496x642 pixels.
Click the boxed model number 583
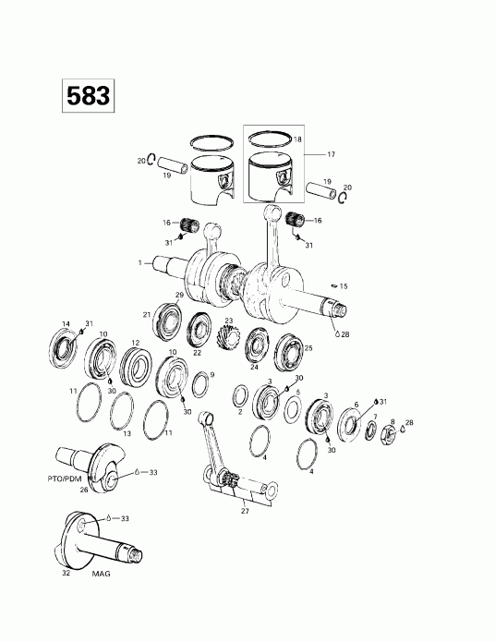pyautogui.click(x=87, y=95)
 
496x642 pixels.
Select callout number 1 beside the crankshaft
pyautogui.click(x=140, y=262)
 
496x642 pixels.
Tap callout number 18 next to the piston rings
pyautogui.click(x=296, y=139)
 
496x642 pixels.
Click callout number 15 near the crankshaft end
pyautogui.click(x=345, y=286)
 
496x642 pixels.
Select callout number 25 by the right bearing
pyautogui.click(x=308, y=348)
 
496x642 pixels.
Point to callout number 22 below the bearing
pyautogui.click(x=198, y=353)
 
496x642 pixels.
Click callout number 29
pyautogui.click(x=180, y=295)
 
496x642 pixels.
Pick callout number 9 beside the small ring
pyautogui.click(x=212, y=375)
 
